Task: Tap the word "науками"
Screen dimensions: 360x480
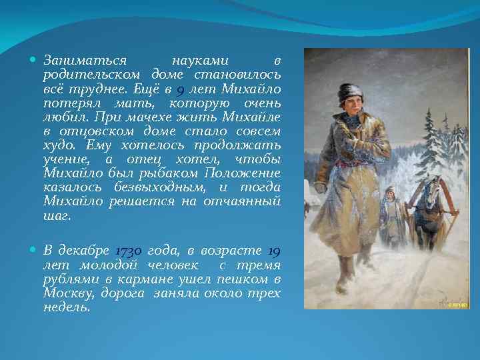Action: pyautogui.click(x=200, y=60)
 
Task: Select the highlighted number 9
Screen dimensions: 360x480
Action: pyautogui.click(x=181, y=89)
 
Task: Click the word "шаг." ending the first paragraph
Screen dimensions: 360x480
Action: pyautogui.click(x=57, y=216)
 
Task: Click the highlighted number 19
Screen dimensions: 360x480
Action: pyautogui.click(x=273, y=251)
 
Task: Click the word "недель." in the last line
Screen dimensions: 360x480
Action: pyautogui.click(x=65, y=307)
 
